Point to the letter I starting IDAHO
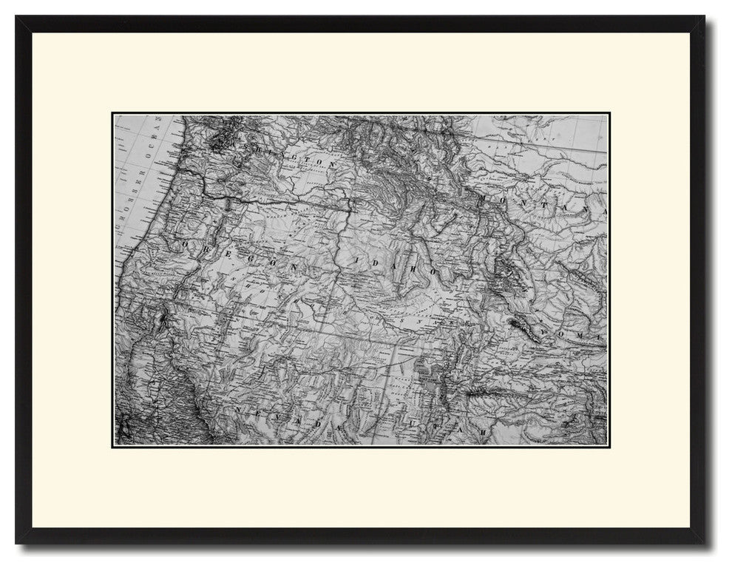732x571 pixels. pyautogui.click(x=356, y=260)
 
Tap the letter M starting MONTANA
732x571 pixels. pyautogui.click(x=484, y=200)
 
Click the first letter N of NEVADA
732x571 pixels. pyautogui.click(x=238, y=408)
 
